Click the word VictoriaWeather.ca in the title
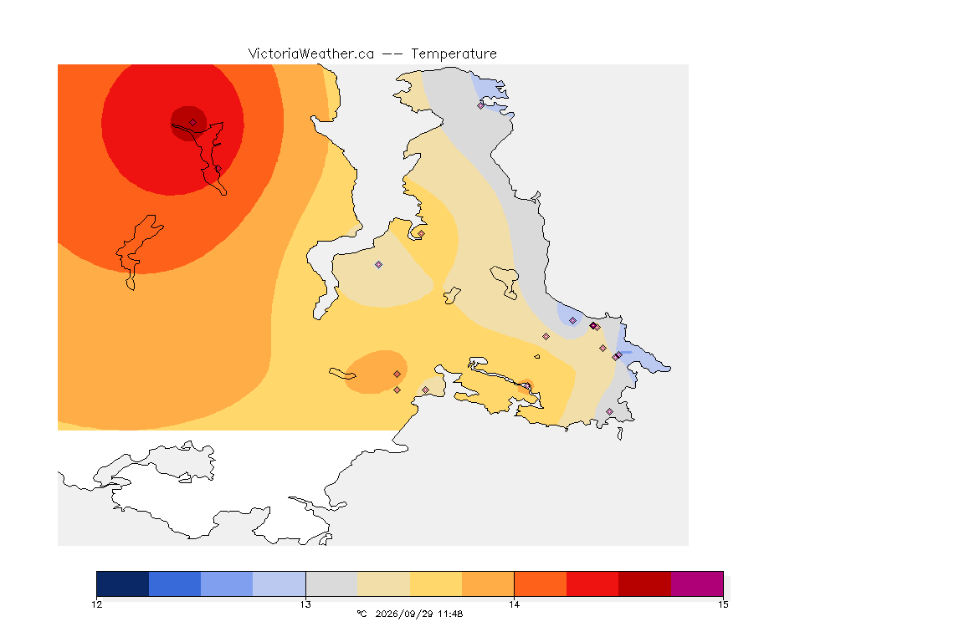pos(311,54)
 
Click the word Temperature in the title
pos(454,54)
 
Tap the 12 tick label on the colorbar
pos(96,604)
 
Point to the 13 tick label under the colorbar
pos(305,604)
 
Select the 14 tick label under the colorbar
pos(514,604)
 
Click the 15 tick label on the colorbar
pos(723,604)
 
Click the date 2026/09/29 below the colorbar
pos(404,614)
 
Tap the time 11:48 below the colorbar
pos(450,614)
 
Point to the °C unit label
pos(361,614)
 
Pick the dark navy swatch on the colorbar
pos(123,583)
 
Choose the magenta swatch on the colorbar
pos(697,583)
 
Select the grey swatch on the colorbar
pos(332,583)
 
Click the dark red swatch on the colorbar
pos(645,583)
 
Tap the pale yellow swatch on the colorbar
pos(436,583)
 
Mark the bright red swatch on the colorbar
pos(592,583)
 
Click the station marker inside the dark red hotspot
pos(193,123)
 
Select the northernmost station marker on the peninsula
pos(481,105)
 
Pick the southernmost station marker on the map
pos(609,411)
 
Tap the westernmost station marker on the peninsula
pos(379,265)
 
